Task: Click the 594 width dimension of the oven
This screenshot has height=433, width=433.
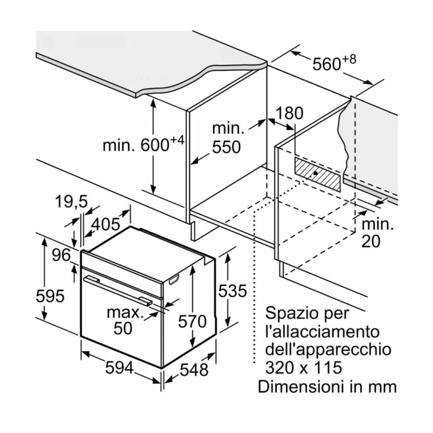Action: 119,368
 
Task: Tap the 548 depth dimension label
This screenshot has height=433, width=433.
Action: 194,370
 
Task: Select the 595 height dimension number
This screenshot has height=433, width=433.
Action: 50,296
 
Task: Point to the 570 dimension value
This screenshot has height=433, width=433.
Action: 192,322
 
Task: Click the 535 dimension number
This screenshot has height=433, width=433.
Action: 233,291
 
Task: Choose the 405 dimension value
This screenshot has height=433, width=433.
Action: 106,224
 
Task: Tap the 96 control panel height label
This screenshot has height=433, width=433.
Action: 61,255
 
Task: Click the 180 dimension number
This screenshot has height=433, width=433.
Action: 290,113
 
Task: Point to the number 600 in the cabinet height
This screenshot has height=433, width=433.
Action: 155,145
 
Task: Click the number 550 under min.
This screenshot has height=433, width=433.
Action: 226,147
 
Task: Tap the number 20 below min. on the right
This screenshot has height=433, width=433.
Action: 371,241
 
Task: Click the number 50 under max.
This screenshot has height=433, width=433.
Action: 123,328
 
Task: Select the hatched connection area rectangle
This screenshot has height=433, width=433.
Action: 318,174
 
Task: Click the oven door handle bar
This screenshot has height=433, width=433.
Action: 118,291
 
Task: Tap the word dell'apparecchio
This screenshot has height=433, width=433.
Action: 328,350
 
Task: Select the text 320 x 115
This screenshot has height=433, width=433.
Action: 304,368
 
